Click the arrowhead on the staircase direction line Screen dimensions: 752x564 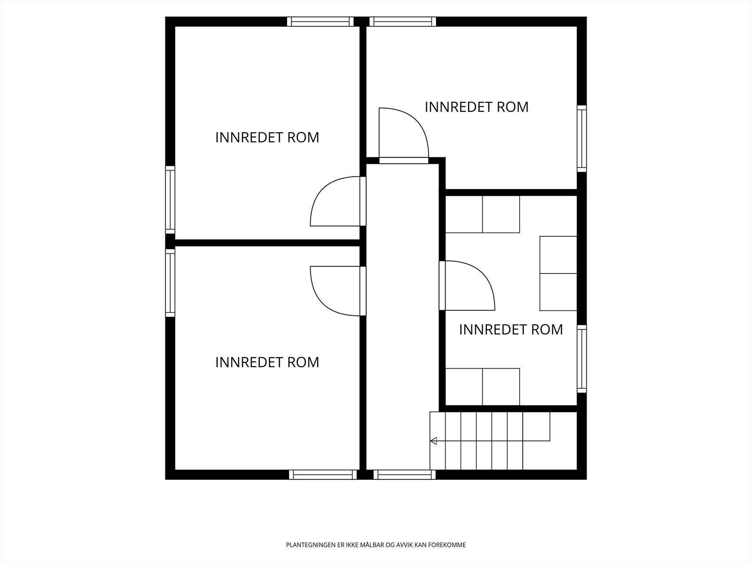tap(433, 441)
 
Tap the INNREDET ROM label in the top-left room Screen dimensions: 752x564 tap(267, 137)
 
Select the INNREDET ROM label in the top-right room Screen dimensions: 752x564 tap(477, 107)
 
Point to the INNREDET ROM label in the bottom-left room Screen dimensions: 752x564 tap(267, 362)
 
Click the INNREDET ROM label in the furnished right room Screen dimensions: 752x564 tap(511, 329)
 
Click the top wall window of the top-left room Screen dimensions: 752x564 tap(320, 22)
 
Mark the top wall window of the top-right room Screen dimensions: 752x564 tap(402, 22)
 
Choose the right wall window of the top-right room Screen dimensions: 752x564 tap(582, 138)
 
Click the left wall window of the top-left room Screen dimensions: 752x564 tap(170, 200)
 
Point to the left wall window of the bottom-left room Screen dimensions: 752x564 tap(170, 283)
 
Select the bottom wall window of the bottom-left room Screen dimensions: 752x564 tap(323, 475)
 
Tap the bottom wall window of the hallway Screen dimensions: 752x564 tap(404, 475)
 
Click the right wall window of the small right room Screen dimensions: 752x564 tap(582, 359)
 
